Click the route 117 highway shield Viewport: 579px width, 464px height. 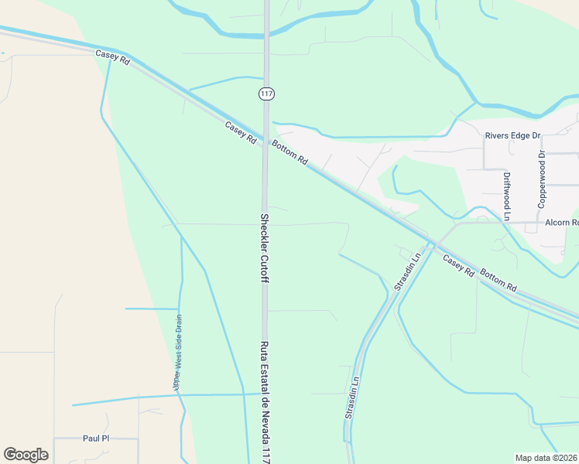266,94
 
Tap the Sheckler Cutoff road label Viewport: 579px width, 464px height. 264,247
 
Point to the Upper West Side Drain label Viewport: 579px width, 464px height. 178,351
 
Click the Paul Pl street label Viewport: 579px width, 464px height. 96,438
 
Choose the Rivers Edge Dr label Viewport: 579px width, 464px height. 512,136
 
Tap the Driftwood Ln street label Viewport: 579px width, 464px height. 507,196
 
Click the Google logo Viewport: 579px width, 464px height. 26,455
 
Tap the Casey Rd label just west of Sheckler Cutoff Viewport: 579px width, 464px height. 241,131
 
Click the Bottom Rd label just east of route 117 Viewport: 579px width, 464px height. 289,152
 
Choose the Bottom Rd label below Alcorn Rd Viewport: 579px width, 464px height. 498,281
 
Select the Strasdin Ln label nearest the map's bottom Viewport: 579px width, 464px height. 352,398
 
